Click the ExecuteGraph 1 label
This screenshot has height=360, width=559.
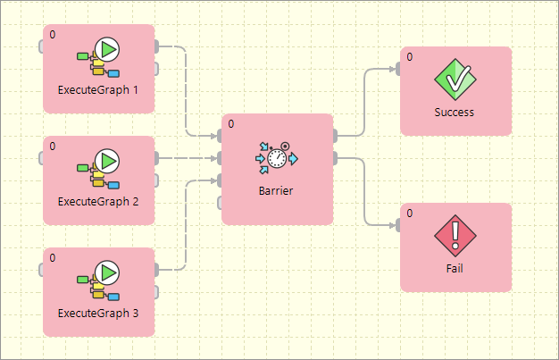point(98,90)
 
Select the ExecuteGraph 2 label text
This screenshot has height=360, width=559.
point(98,201)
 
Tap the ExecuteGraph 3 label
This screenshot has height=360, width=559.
point(98,314)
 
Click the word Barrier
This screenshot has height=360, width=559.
point(277,190)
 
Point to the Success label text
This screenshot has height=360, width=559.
point(455,113)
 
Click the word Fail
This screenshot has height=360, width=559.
point(455,269)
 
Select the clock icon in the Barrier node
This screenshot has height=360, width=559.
point(277,158)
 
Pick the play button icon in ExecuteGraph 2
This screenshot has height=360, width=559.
point(107,161)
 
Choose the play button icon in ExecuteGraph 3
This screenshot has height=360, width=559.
point(107,272)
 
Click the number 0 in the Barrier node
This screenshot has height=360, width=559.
point(230,124)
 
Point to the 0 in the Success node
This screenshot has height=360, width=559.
point(409,57)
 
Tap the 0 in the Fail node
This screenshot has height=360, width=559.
point(409,213)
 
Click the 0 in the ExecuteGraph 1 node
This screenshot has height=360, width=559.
point(52,35)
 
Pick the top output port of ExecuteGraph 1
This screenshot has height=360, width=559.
point(157,46)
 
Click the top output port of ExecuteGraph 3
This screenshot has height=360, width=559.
point(157,269)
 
